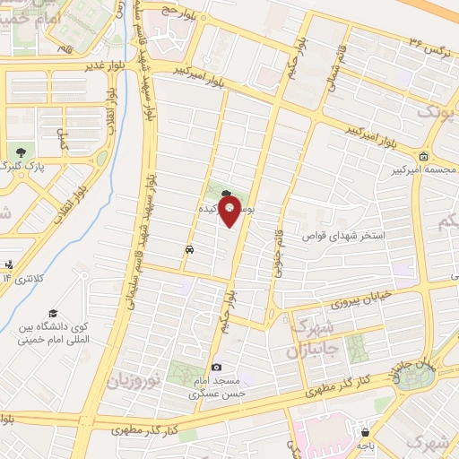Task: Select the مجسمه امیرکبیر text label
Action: tap(421, 169)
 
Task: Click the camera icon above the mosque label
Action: tap(216, 368)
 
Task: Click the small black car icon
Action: tap(189, 249)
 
